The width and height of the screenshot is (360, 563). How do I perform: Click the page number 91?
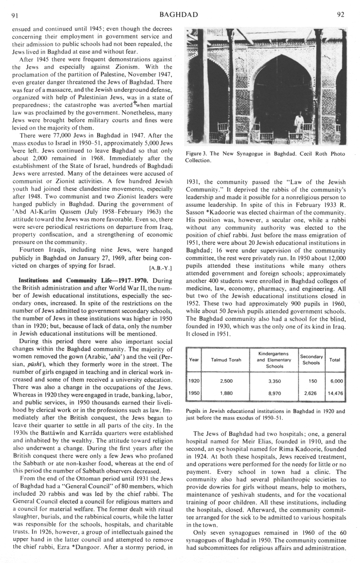(16, 15)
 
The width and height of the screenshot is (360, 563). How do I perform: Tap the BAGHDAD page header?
(179, 15)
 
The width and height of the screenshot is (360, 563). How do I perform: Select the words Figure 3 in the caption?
(197, 154)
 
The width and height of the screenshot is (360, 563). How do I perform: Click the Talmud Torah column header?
(226, 360)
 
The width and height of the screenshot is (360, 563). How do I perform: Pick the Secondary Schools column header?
(311, 360)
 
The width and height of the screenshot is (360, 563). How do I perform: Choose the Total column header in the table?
(335, 360)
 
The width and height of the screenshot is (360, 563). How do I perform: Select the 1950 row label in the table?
(194, 394)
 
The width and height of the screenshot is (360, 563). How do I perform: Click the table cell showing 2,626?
(311, 394)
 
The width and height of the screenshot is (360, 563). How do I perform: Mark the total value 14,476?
(335, 394)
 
